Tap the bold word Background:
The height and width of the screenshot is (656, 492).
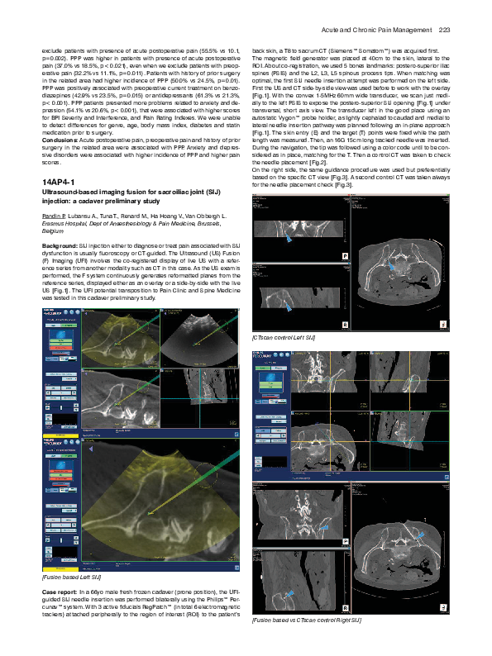click(x=59, y=246)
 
